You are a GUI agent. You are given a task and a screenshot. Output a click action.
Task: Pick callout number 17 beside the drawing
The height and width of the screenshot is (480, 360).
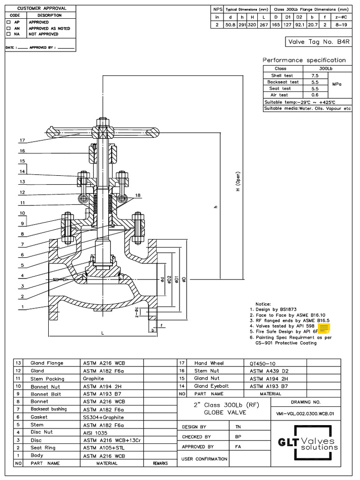(x=22, y=140)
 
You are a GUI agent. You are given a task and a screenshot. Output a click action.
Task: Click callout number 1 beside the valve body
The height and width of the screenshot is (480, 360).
(x=22, y=307)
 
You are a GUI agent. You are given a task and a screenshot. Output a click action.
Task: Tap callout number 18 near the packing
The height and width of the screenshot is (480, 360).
(x=137, y=195)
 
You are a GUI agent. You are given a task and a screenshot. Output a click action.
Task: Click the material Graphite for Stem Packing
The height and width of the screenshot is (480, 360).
(x=94, y=378)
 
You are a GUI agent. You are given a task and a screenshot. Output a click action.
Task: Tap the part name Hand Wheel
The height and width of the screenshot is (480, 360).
(x=209, y=363)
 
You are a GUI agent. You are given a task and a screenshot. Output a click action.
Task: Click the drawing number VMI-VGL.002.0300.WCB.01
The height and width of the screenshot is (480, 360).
(x=302, y=414)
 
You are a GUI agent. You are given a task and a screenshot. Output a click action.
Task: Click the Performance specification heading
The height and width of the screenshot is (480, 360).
(x=304, y=60)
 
